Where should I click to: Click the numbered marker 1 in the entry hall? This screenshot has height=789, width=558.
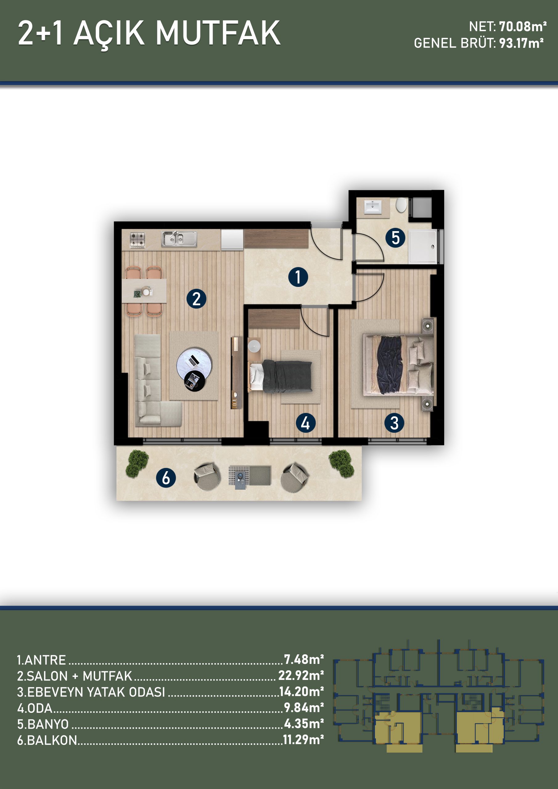(298, 277)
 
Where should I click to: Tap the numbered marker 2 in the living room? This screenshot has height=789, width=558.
(196, 298)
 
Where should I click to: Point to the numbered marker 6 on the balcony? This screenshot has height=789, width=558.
(166, 478)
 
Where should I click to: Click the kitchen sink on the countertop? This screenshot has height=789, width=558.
(179, 239)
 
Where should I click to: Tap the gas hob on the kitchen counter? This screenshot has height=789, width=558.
(137, 240)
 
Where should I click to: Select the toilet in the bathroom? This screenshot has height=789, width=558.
(401, 205)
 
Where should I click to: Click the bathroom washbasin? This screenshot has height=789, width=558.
(373, 207)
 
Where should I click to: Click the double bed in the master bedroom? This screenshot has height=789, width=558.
(398, 365)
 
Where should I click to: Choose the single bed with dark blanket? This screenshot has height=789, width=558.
(280, 376)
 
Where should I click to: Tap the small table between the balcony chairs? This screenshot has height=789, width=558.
(250, 476)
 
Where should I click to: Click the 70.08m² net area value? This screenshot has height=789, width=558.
(523, 27)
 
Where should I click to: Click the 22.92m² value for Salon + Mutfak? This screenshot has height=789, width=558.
(301, 675)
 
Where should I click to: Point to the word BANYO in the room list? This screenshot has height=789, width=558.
(48, 724)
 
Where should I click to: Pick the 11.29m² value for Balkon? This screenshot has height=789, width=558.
(303, 739)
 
